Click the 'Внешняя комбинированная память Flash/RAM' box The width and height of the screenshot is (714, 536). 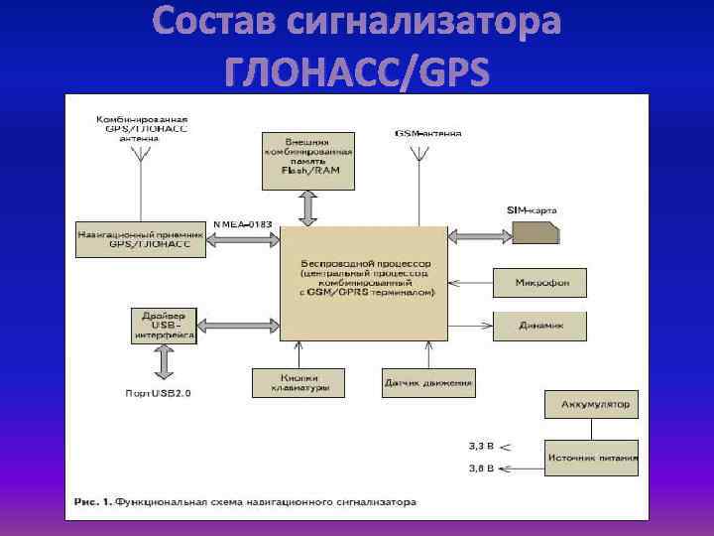coord(307,159)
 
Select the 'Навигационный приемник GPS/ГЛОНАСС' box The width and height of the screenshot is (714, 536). coord(141,239)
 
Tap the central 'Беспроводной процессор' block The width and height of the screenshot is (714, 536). coord(364,283)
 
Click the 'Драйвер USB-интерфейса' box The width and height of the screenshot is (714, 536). coord(164,326)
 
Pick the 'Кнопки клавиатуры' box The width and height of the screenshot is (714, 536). coord(297,382)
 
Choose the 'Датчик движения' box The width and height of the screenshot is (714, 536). coord(428,382)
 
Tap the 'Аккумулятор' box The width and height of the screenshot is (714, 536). coord(591,405)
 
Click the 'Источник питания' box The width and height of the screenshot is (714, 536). coord(591,458)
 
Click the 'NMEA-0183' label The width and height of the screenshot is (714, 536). coord(243,224)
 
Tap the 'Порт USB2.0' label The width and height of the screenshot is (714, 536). coord(158,393)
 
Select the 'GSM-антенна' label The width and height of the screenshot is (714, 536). coord(427,132)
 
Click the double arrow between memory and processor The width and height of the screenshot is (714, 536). coord(307,207)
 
